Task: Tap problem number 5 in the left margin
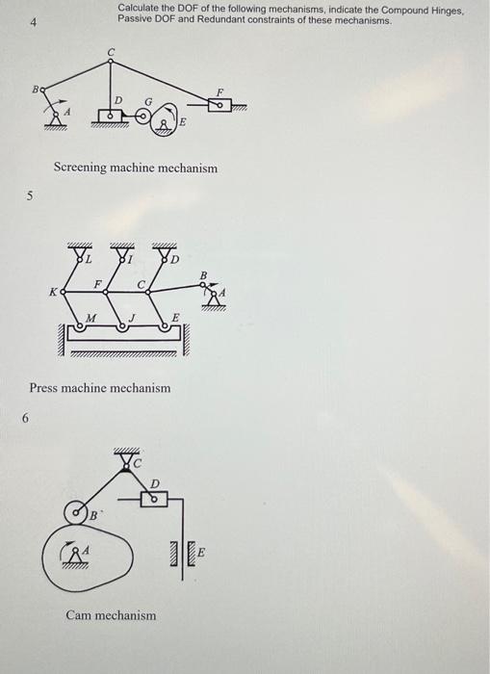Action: [x=30, y=196]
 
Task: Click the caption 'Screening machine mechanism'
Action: [x=135, y=168]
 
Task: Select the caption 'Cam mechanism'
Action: [x=110, y=614]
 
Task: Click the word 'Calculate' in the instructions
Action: [x=140, y=8]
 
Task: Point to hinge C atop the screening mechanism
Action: [x=111, y=62]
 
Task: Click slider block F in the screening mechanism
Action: [x=218, y=104]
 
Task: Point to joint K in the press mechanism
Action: [x=64, y=292]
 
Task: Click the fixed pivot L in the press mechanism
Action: [x=80, y=256]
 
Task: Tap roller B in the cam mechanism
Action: [x=76, y=511]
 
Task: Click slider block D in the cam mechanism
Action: [x=154, y=499]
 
